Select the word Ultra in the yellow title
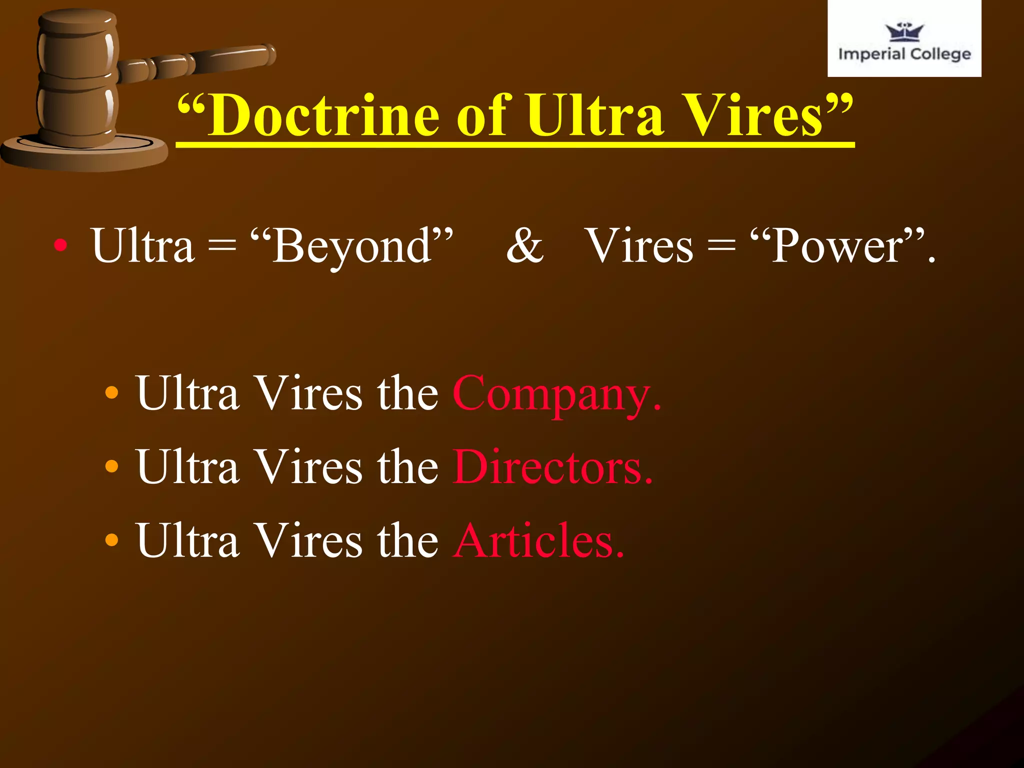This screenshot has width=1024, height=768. (595, 116)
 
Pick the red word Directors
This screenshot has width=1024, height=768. (553, 467)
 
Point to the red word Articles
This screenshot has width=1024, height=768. (538, 540)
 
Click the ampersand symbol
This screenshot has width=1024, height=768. (524, 245)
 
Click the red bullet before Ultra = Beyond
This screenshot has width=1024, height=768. (60, 245)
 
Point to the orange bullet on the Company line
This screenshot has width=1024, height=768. (112, 393)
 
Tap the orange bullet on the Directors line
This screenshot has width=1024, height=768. (112, 466)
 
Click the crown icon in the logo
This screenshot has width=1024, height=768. (904, 32)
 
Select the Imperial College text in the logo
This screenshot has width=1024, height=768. (904, 54)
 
